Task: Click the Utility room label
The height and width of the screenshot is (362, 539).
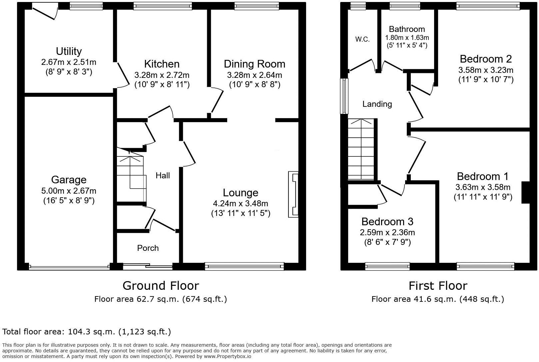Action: point(69,51)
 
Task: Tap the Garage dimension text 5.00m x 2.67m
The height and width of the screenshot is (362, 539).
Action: point(69,191)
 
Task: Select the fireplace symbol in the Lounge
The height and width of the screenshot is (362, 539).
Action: point(293,195)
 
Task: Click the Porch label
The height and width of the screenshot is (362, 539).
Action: point(148,248)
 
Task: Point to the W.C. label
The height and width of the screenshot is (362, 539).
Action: point(362,39)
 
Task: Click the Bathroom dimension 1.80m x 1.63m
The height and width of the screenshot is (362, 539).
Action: point(407,38)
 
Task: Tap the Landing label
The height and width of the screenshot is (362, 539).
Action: point(377,104)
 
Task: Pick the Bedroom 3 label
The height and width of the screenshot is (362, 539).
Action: point(387,221)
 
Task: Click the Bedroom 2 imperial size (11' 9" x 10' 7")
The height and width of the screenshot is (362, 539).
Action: point(486,80)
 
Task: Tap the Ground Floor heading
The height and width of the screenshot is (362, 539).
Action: point(161,285)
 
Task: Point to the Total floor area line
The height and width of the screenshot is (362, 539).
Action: point(87,332)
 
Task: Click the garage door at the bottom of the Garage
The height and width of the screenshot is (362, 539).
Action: point(69,266)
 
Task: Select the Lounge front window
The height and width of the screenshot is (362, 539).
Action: point(244,266)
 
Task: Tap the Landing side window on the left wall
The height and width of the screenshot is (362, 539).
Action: point(344,96)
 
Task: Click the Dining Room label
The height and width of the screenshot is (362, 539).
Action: point(254,64)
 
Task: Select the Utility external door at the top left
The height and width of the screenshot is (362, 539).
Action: point(45,11)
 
